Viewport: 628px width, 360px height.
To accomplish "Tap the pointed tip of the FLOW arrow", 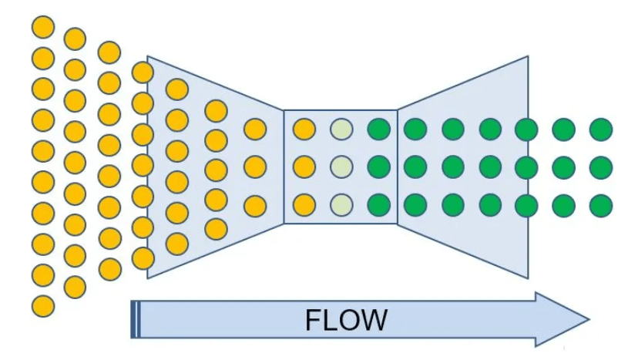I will click(588, 318).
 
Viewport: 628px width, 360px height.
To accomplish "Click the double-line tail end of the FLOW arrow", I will click(136, 319).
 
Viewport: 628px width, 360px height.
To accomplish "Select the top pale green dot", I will click(341, 129).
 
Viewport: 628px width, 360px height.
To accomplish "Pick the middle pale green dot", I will click(341, 167).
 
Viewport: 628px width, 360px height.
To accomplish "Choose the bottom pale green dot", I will click(341, 205).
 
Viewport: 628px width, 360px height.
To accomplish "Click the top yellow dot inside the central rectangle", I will click(304, 129).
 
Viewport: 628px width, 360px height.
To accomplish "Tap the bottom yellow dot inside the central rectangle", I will click(304, 205).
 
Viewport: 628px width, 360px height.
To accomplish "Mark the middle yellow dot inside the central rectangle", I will click(304, 167).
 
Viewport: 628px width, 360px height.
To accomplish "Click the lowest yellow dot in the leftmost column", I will click(43, 305).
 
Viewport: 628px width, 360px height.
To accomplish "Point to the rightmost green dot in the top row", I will click(600, 129).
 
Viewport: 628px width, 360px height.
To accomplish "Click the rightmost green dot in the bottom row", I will click(600, 205).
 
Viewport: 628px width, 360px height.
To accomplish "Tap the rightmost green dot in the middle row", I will click(600, 167).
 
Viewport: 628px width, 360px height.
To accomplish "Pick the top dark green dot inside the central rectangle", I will click(378, 129).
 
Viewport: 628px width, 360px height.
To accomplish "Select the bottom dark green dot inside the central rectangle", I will click(378, 205).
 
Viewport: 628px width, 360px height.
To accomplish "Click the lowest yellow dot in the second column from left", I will click(75, 287).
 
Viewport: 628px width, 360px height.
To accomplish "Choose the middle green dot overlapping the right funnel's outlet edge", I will click(526, 167).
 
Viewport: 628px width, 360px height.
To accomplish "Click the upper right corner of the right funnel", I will click(529, 56).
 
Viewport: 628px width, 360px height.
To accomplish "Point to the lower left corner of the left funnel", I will click(148, 277).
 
